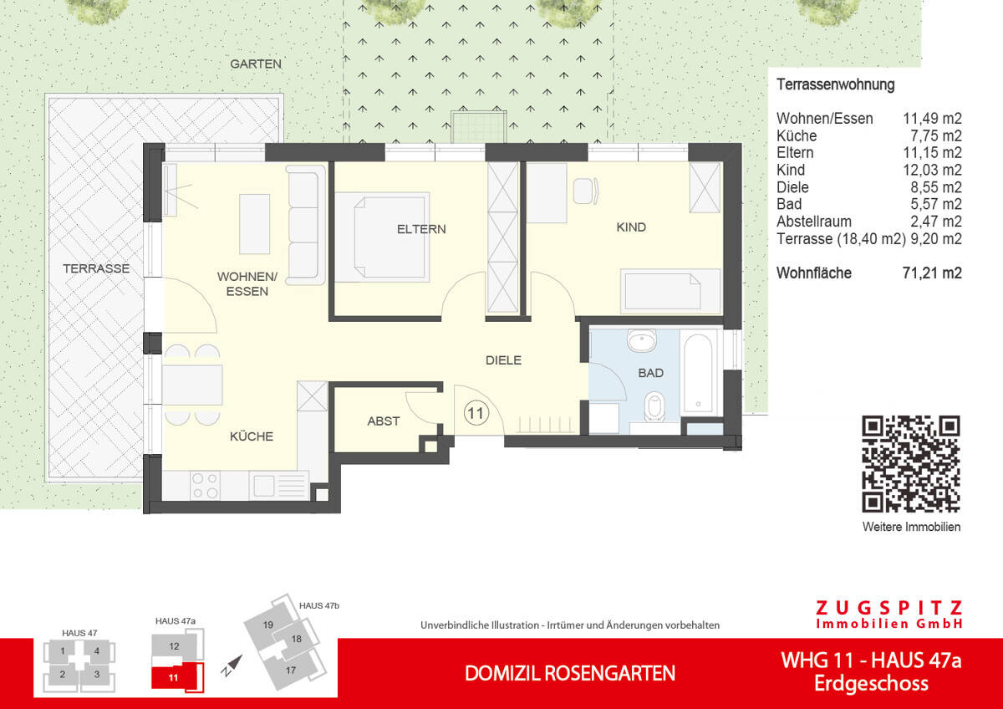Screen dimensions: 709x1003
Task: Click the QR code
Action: [910, 463]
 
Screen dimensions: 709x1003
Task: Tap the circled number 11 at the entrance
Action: [476, 411]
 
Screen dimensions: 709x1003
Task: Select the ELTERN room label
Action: [421, 228]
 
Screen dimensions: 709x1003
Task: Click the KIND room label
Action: [631, 227]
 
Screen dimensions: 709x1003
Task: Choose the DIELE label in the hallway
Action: [503, 360]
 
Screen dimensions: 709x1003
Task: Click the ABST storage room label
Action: [383, 421]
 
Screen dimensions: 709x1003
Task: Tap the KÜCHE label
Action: [252, 436]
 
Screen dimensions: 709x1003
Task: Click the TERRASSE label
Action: [96, 268]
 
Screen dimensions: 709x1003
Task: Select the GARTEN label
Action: [256, 64]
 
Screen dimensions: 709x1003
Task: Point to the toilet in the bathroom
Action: [654, 406]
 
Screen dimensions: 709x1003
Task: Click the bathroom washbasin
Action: [643, 341]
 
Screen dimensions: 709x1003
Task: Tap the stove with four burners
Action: [206, 485]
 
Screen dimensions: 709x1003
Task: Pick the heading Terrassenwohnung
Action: [835, 84]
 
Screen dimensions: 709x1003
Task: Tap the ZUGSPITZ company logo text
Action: [888, 608]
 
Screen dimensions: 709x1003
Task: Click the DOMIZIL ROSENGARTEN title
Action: [569, 673]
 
